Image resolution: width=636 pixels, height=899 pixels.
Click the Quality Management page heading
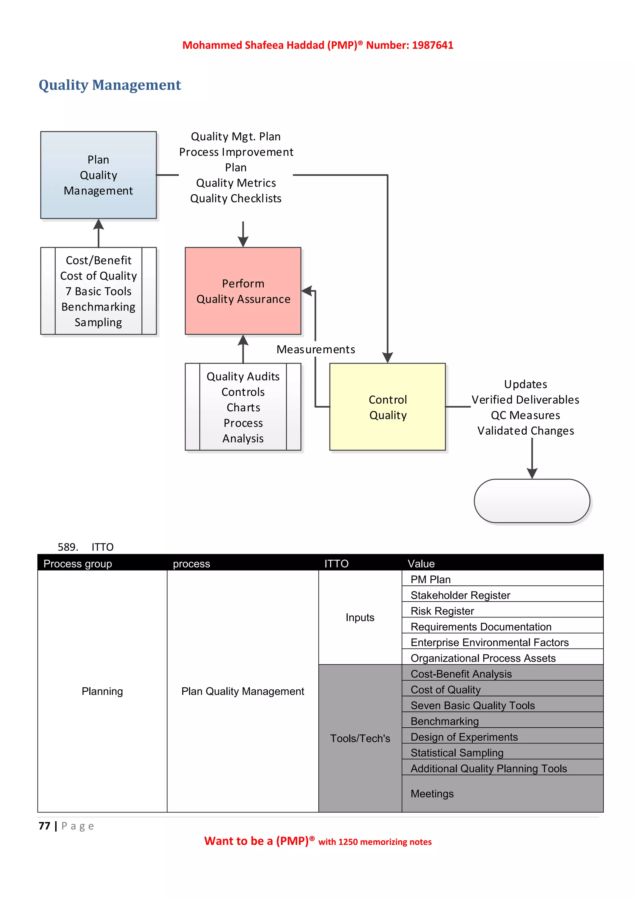pos(110,85)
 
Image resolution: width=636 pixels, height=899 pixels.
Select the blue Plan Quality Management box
pos(98,175)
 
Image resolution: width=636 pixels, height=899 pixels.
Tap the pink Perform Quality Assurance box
pos(243,291)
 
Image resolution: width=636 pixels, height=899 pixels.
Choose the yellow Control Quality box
pos(387,407)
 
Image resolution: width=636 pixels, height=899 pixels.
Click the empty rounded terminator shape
pos(532,501)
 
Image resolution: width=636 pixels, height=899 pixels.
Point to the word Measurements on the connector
pos(316,349)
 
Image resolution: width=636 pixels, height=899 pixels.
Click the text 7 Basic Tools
pos(98,291)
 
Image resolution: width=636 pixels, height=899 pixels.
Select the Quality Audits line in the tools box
pos(243,376)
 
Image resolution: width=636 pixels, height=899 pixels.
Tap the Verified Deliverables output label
pos(525,400)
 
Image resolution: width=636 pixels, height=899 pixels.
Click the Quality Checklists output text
pos(236,198)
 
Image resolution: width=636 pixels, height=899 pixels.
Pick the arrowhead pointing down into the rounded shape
pos(532,473)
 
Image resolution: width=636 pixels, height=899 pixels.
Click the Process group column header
pos(78,563)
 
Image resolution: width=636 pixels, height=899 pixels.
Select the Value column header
pos(421,563)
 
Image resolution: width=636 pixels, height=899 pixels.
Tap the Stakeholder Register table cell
pos(460,595)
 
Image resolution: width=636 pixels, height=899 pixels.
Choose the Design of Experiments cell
pos(464,737)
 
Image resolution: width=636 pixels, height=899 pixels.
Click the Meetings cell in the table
pos(432,794)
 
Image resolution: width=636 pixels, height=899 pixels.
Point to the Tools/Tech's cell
pos(360,739)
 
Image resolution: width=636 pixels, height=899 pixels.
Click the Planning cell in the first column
pos(102,691)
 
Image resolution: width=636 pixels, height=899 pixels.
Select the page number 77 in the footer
pos(44,826)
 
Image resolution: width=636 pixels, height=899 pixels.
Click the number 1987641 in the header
pos(432,45)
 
